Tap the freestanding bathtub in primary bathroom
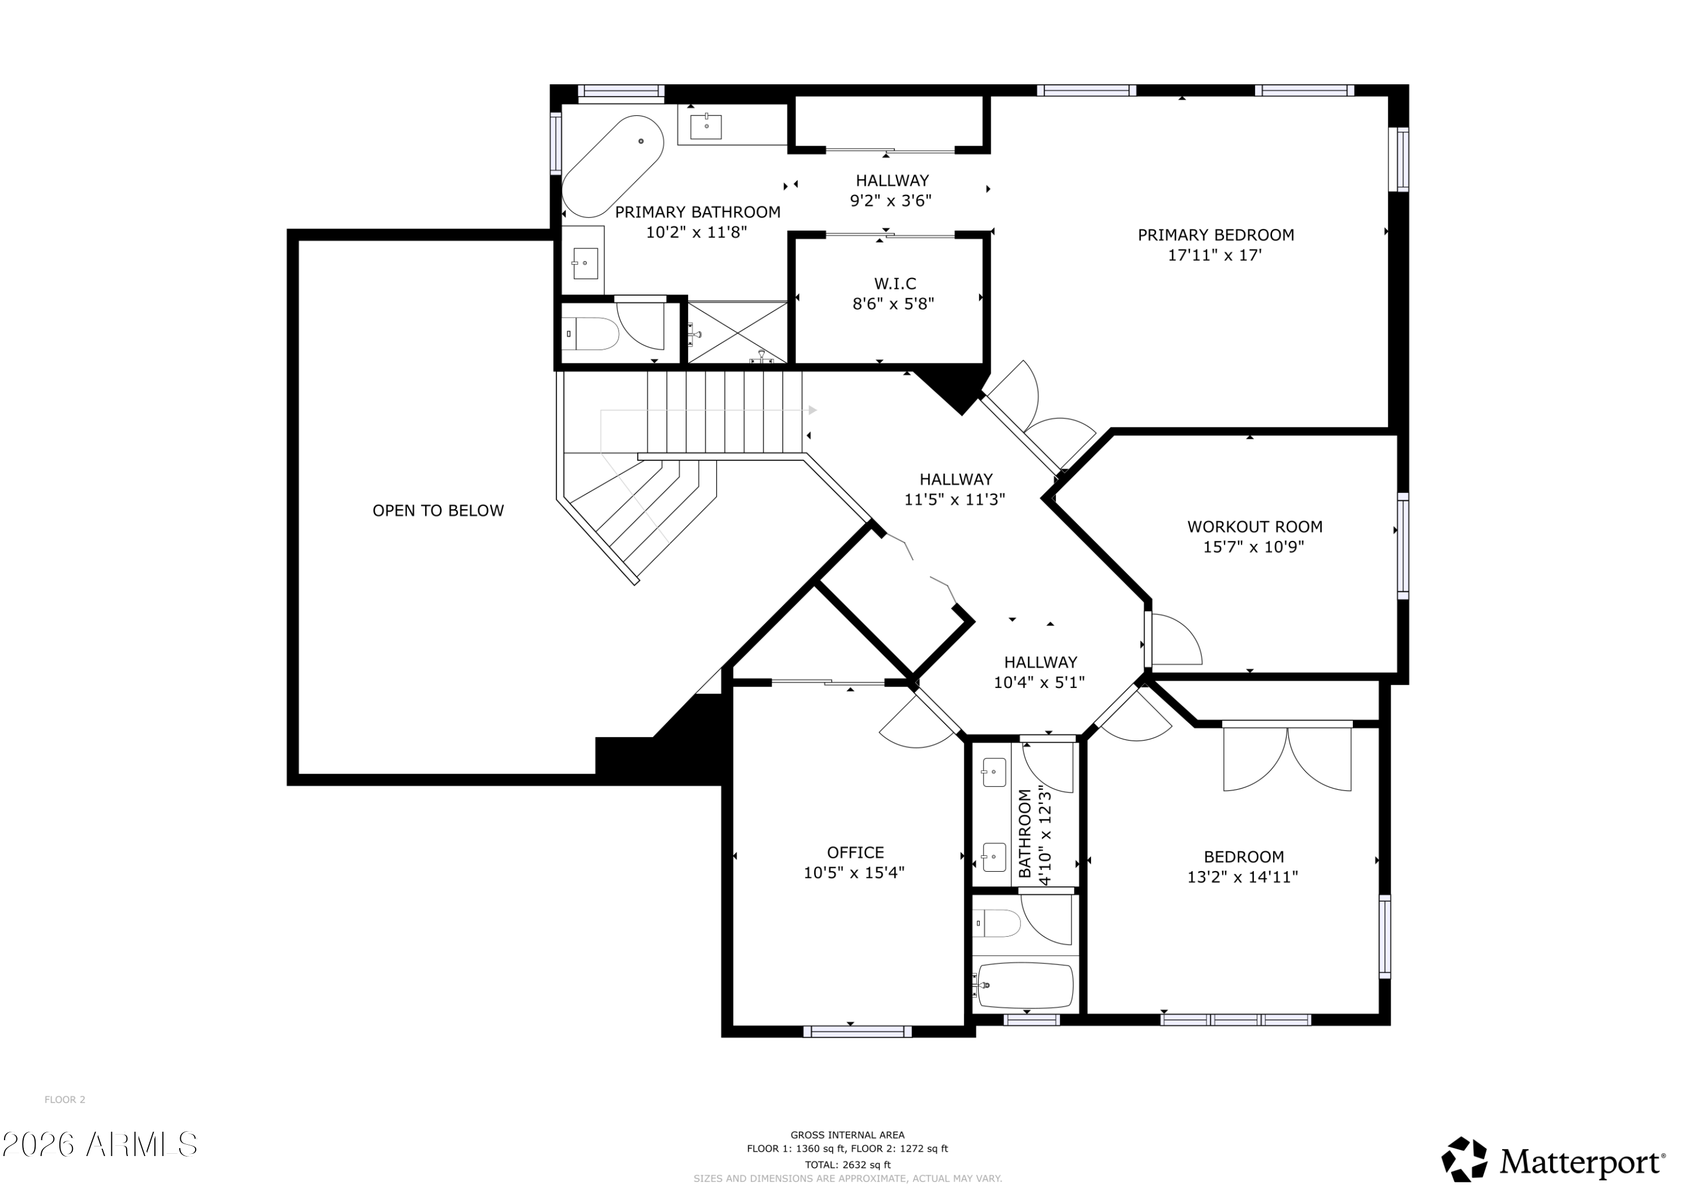click(x=612, y=166)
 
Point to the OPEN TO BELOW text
click(x=438, y=510)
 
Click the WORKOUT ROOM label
click(x=1254, y=527)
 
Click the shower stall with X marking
click(x=737, y=332)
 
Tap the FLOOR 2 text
click(x=65, y=1100)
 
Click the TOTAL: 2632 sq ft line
click(x=847, y=1165)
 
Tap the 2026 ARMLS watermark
click(x=99, y=1144)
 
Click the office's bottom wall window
click(x=857, y=1031)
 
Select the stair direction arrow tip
click(x=814, y=410)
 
